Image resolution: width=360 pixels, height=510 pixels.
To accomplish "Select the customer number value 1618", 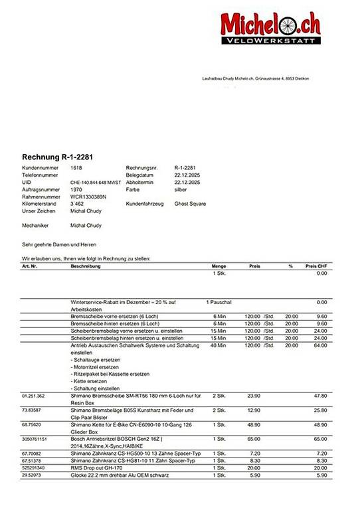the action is (76, 169).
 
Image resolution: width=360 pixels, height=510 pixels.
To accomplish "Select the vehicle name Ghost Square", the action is (190, 204).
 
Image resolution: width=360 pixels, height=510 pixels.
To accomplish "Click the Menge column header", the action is (219, 266).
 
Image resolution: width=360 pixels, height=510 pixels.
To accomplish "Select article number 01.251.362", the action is (33, 395).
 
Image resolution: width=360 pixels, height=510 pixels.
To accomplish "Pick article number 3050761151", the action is (33, 440).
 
